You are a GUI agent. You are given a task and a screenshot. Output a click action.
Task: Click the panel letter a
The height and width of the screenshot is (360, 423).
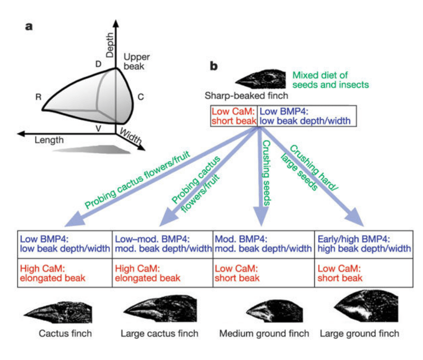tap(30, 27)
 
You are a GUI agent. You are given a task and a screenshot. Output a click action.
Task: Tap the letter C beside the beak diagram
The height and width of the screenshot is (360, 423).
tap(141, 97)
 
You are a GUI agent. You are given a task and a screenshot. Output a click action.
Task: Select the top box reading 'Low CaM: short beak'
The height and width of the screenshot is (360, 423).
tap(234, 116)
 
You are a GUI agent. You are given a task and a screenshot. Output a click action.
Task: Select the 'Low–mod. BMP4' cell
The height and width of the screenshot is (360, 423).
tap(162, 243)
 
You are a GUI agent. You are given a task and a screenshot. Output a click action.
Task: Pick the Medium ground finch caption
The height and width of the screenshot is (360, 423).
tap(264, 333)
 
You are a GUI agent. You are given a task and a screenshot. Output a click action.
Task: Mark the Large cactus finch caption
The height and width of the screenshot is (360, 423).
tap(160, 333)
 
